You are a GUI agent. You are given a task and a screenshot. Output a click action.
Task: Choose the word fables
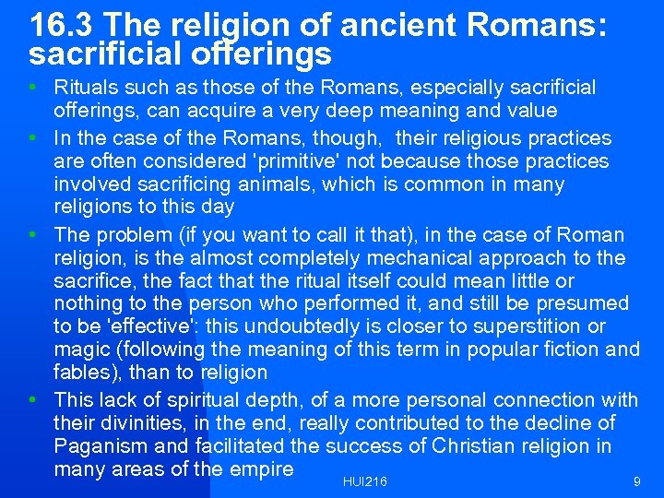coord(84,373)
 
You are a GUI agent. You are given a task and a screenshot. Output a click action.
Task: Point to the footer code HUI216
coord(364,481)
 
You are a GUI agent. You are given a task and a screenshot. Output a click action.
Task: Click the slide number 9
coord(636,481)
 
